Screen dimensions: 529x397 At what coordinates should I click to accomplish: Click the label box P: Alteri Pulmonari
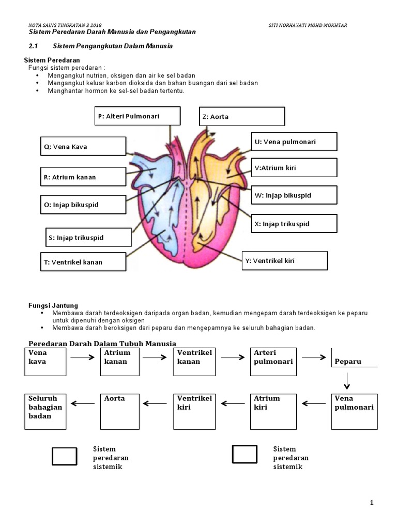pyautogui.click(x=138, y=116)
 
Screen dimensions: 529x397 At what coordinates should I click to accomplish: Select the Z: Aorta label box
pyautogui.click(x=242, y=117)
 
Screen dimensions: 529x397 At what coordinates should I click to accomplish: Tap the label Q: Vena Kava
pyautogui.click(x=83, y=146)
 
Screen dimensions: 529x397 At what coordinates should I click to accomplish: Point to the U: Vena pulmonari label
pyautogui.click(x=294, y=142)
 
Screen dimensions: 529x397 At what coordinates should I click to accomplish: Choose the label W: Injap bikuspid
pyautogui.click(x=294, y=195)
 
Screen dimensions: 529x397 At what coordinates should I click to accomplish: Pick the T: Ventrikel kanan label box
pyautogui.click(x=83, y=262)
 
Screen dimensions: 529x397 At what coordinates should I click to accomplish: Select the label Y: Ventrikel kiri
pyautogui.click(x=285, y=260)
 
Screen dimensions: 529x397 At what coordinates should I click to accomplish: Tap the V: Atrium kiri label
pyautogui.click(x=294, y=168)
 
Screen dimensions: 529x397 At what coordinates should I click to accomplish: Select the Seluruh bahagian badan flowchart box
pyautogui.click(x=45, y=411)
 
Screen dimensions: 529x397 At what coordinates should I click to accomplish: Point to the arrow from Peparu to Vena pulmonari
pyautogui.click(x=347, y=380)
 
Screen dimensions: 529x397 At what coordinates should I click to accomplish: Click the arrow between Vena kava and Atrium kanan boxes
pyautogui.click(x=83, y=356)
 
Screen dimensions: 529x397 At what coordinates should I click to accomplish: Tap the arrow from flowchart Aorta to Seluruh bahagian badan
pyautogui.click(x=83, y=403)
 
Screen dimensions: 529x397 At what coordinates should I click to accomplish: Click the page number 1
pyautogui.click(x=371, y=502)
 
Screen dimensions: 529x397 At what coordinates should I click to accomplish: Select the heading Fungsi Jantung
pyautogui.click(x=53, y=306)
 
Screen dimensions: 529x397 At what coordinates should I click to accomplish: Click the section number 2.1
pyautogui.click(x=34, y=46)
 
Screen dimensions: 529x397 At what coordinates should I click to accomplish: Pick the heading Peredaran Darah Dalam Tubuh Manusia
pyautogui.click(x=102, y=344)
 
